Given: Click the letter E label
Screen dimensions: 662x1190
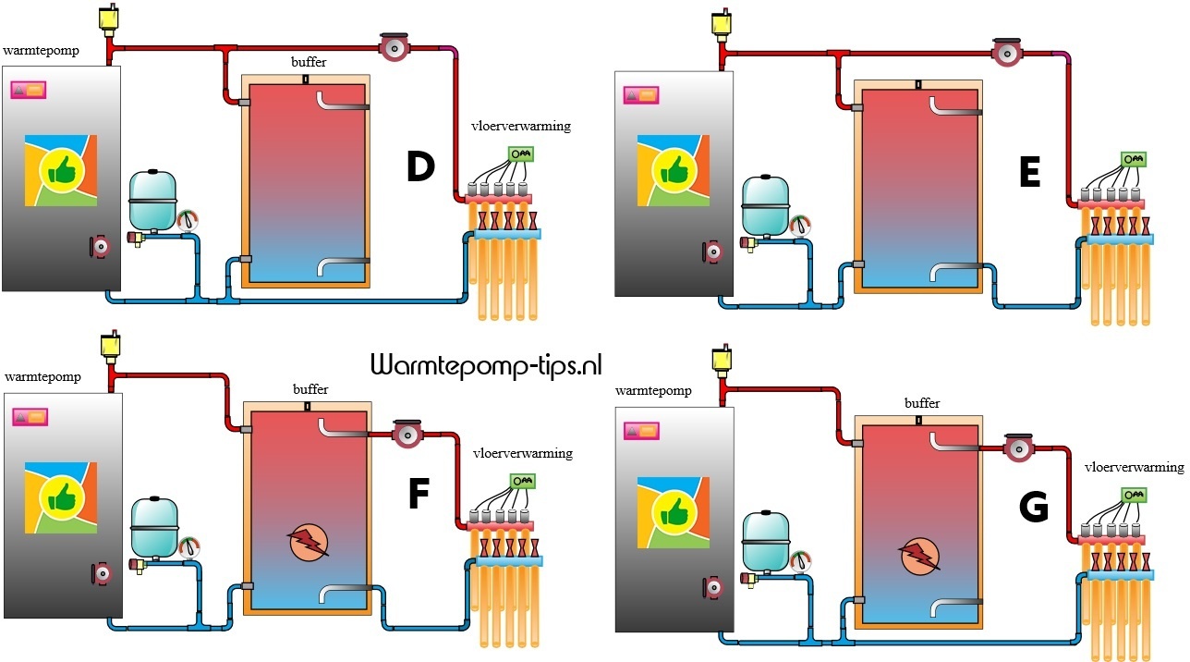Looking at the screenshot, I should pyautogui.click(x=1029, y=172).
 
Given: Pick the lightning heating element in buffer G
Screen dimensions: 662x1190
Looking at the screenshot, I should pyautogui.click(x=918, y=555).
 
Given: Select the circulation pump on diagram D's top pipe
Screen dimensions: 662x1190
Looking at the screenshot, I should pyautogui.click(x=393, y=47).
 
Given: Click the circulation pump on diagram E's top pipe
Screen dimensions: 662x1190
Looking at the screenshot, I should pyautogui.click(x=1005, y=53).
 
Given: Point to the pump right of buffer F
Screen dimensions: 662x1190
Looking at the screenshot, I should pyautogui.click(x=406, y=434).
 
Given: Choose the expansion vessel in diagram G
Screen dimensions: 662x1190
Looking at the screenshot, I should pyautogui.click(x=765, y=539).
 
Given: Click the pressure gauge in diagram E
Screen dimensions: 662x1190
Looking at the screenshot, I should pyautogui.click(x=801, y=226).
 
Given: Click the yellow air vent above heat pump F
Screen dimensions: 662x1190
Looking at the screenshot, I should pyautogui.click(x=111, y=347).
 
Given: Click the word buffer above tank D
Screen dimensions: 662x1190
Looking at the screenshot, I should pyautogui.click(x=309, y=62).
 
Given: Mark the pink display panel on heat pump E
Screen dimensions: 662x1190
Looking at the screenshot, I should pyautogui.click(x=642, y=94).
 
